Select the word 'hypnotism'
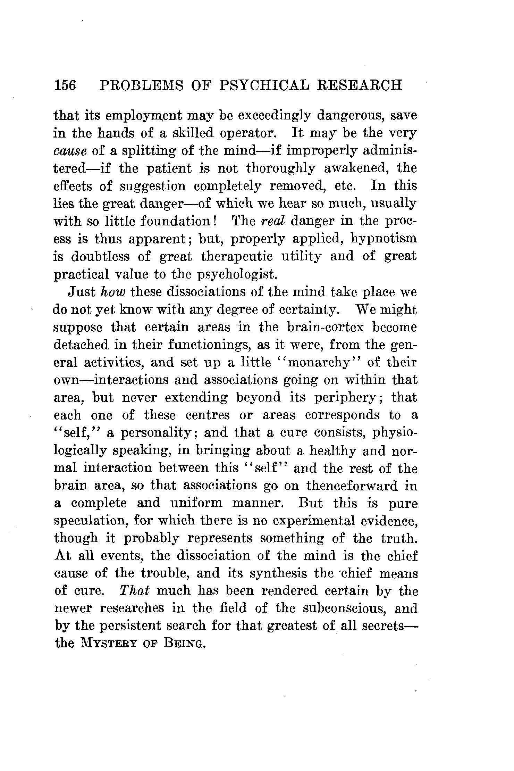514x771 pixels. coord(384,239)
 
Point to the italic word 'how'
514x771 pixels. coord(110,292)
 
